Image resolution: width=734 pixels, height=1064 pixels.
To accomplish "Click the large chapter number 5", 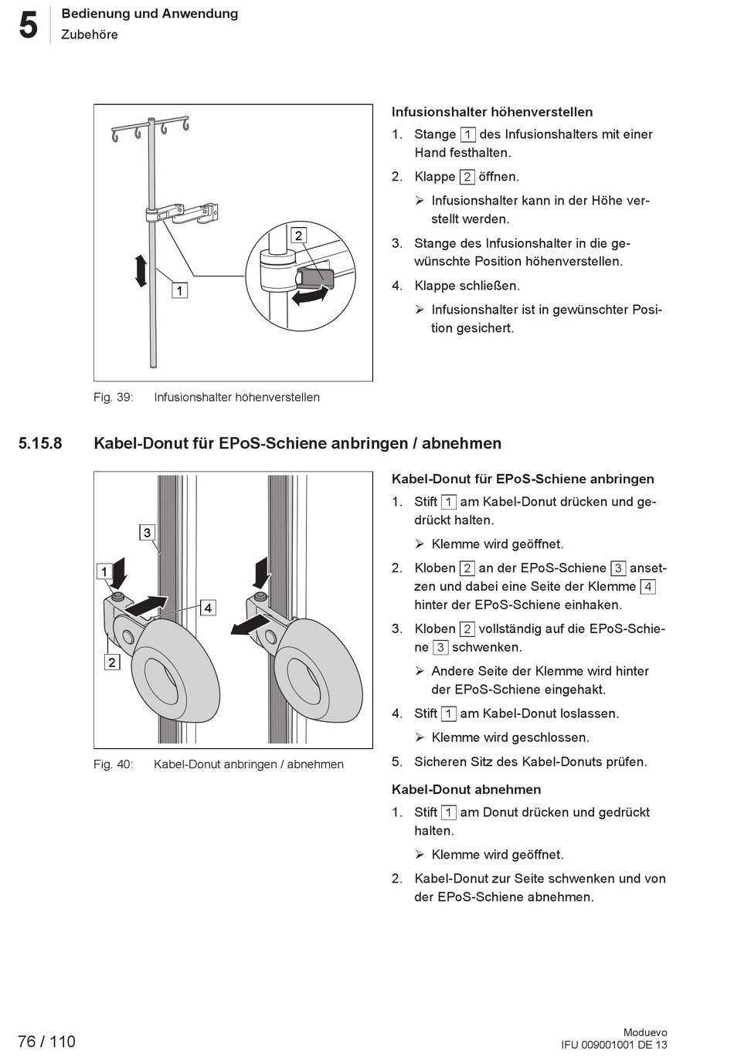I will (28, 25).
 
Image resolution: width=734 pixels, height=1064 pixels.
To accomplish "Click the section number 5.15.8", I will (40, 443).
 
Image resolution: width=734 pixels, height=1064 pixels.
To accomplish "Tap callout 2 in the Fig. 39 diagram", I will (299, 236).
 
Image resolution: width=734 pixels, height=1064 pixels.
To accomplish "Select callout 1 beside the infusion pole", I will (179, 290).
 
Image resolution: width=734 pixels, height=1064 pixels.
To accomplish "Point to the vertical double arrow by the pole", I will (141, 271).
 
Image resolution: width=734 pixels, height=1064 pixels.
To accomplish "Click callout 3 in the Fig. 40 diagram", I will (147, 532).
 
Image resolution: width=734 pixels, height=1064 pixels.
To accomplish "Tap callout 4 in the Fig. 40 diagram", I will (208, 608).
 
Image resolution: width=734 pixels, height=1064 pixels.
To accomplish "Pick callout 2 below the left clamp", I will (112, 662).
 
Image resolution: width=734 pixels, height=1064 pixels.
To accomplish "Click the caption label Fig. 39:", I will (113, 397).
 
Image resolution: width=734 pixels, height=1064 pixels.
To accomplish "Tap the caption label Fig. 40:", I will (113, 764).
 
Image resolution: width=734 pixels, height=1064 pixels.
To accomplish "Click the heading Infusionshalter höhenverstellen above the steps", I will (492, 112).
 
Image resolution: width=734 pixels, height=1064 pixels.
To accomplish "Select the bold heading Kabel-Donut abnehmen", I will (466, 789).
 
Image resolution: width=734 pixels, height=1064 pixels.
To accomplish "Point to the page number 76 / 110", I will (46, 1042).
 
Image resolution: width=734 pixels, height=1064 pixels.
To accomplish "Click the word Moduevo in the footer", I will (645, 1032).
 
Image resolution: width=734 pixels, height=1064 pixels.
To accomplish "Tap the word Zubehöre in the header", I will (90, 35).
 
